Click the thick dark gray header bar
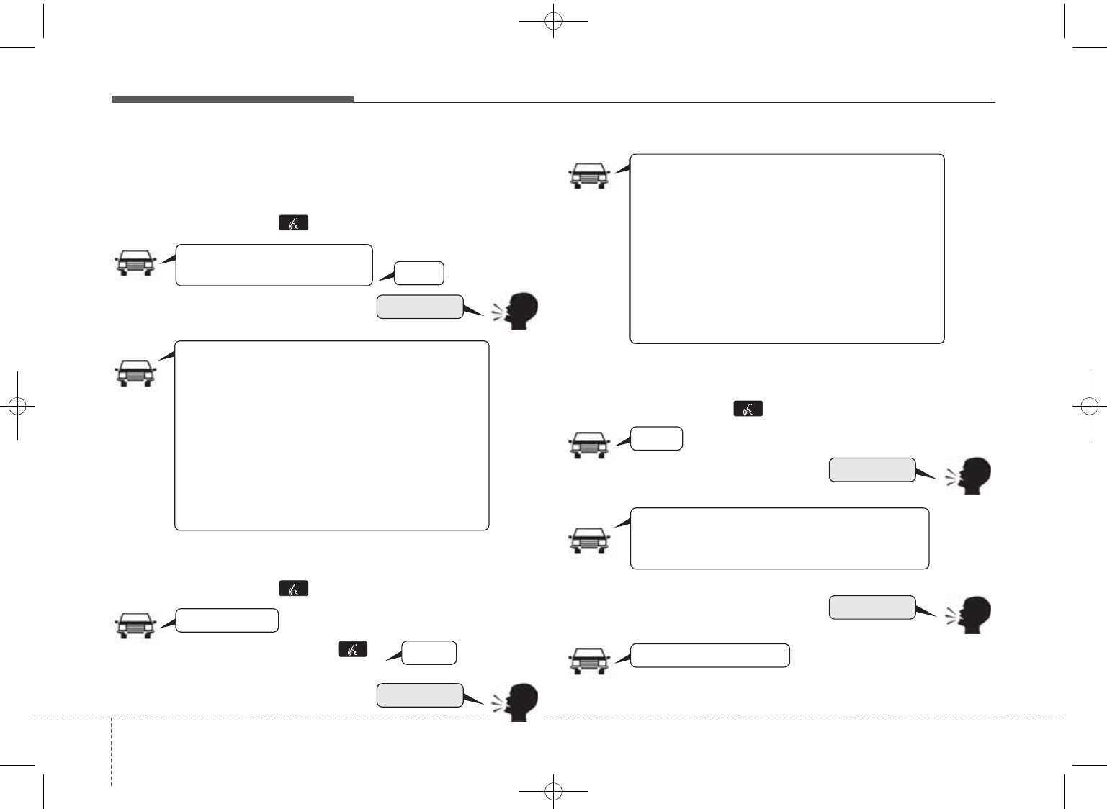(x=233, y=99)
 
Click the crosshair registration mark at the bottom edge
(x=553, y=791)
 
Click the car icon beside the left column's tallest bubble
(x=135, y=373)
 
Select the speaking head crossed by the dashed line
(x=516, y=702)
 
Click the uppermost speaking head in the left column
(x=516, y=311)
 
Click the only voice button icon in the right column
(x=748, y=409)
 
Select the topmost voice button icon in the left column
(x=293, y=223)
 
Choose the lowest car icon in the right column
(x=589, y=661)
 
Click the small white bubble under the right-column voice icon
(x=656, y=438)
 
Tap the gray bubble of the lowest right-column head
(x=871, y=607)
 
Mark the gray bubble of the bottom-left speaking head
(x=419, y=695)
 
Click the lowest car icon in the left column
(x=135, y=625)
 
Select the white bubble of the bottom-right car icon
(x=709, y=656)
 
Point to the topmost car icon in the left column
(x=135, y=263)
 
